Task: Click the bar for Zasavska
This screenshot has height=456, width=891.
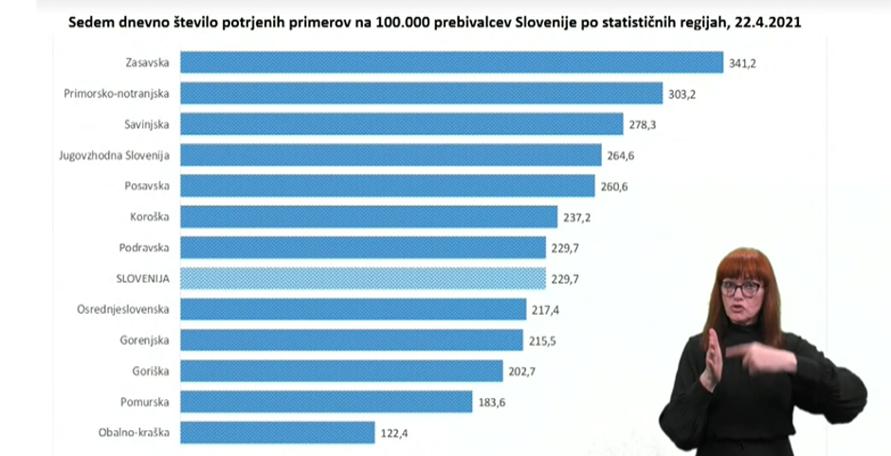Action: tap(451, 63)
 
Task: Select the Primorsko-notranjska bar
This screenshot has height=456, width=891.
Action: tap(421, 94)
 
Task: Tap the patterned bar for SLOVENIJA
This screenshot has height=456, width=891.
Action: tap(363, 279)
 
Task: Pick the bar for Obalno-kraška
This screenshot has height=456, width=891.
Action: tap(277, 432)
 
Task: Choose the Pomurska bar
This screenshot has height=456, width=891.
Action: tap(325, 402)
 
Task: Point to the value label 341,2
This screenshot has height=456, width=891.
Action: tap(745, 64)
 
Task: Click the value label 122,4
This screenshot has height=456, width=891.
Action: tap(396, 433)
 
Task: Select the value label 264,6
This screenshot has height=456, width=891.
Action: tap(623, 155)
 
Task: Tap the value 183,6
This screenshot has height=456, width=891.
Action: tap(493, 402)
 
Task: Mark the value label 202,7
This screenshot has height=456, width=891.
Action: tap(524, 372)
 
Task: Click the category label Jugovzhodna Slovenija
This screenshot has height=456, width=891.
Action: tap(114, 155)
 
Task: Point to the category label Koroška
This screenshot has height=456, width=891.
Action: tap(149, 217)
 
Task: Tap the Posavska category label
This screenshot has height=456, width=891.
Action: tap(146, 186)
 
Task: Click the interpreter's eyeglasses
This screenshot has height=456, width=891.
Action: tap(742, 288)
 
